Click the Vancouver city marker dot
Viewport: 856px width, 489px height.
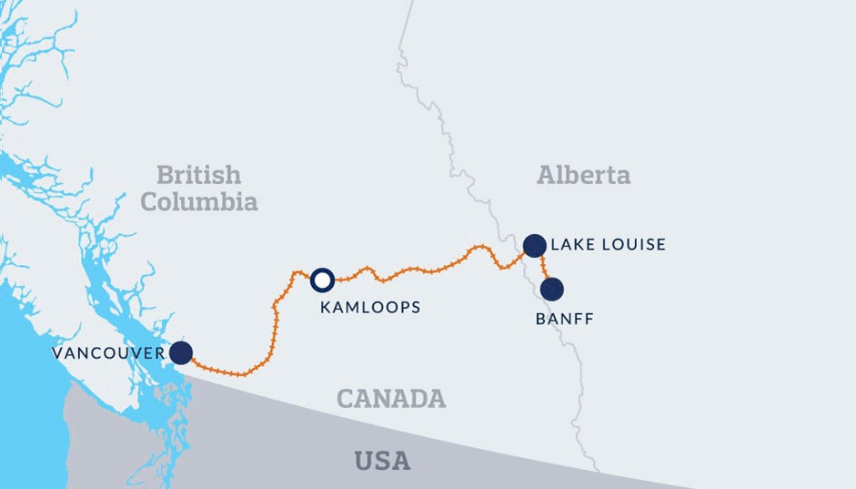coord(181,352)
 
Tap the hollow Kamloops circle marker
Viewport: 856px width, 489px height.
coord(322,280)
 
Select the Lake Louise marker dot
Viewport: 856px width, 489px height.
coord(534,245)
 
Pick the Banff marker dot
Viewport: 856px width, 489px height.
coord(551,290)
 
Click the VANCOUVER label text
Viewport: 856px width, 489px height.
coord(108,353)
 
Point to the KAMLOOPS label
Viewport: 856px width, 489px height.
coord(370,308)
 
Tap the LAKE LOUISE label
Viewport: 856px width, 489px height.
coord(609,245)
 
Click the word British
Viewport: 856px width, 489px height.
coord(198,174)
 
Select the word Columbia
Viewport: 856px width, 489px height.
coord(198,201)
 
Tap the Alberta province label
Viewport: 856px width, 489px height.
coord(583,175)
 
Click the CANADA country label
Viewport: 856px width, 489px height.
coord(391,399)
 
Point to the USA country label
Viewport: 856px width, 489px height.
coord(382,461)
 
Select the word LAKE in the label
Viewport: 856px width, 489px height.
coord(569,245)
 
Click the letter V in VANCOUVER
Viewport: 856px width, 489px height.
coord(56,353)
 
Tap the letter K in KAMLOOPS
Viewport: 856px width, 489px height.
coord(326,308)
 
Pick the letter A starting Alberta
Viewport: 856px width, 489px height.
coord(546,175)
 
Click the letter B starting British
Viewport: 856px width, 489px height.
coord(164,174)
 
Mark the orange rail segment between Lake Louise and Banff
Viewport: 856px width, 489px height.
coord(544,268)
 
